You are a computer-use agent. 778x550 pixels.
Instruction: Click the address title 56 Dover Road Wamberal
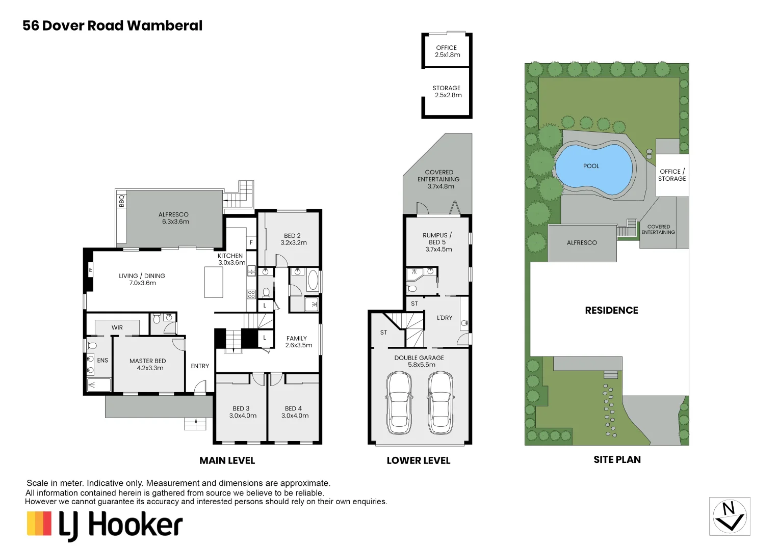pyautogui.click(x=112, y=25)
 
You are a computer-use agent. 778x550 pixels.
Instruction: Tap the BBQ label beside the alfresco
pyautogui.click(x=121, y=201)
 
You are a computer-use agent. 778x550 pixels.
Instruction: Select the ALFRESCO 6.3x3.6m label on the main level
pyautogui.click(x=174, y=218)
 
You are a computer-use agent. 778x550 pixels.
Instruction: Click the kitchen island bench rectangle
pyautogui.click(x=214, y=282)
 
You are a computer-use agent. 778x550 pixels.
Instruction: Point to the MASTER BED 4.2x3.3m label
pyautogui.click(x=148, y=364)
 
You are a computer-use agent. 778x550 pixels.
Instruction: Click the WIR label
pyautogui.click(x=117, y=327)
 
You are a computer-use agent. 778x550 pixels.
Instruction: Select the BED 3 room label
pyautogui.click(x=242, y=412)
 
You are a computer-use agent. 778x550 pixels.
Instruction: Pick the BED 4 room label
pyautogui.click(x=294, y=412)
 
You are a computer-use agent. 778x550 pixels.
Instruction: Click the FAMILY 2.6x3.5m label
pyautogui.click(x=297, y=342)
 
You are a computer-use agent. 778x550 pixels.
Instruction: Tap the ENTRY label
pyautogui.click(x=200, y=366)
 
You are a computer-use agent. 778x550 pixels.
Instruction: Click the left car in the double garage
pyautogui.click(x=399, y=402)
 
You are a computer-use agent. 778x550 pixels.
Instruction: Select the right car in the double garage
pyautogui.click(x=440, y=402)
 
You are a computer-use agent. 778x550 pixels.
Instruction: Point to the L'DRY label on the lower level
pyautogui.click(x=444, y=318)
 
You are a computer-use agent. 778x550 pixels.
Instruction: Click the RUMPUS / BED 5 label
pyautogui.click(x=437, y=242)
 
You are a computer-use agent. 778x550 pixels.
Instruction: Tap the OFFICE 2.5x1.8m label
pyautogui.click(x=447, y=51)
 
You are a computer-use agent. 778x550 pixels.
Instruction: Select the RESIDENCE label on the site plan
pyautogui.click(x=611, y=310)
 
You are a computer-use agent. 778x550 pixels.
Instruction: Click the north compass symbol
pyautogui.click(x=729, y=516)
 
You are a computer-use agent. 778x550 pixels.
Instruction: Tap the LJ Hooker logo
pyautogui.click(x=105, y=525)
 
